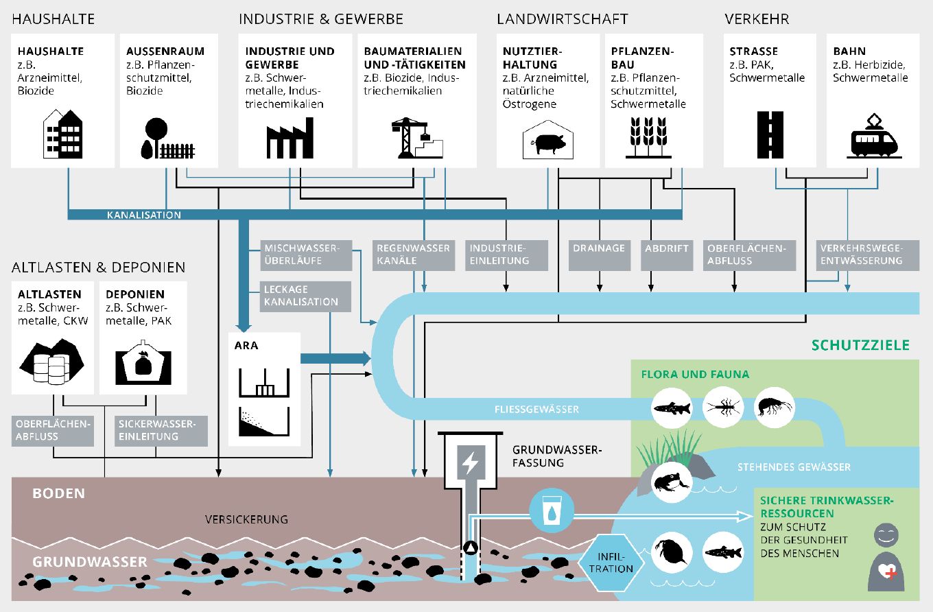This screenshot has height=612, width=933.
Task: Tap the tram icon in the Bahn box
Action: pos(874,138)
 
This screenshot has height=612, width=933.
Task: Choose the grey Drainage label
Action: pos(599,248)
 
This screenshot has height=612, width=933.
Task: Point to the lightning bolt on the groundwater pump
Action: pos(470,464)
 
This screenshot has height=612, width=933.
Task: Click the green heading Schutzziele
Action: pos(860,345)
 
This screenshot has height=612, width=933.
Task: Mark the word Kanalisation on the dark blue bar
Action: pos(144,215)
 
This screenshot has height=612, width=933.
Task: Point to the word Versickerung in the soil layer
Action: pos(246,519)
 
